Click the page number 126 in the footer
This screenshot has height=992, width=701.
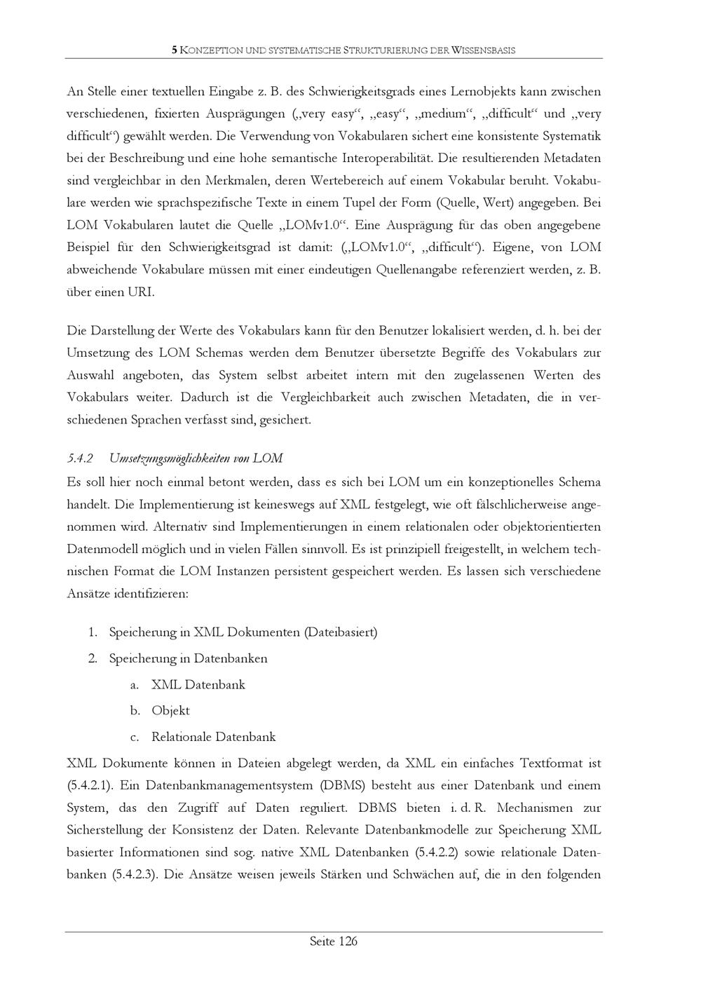[x=348, y=942]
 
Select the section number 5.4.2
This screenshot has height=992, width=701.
[x=80, y=458]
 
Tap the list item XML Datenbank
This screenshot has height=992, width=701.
[x=198, y=685]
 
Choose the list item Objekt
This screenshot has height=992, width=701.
[x=170, y=711]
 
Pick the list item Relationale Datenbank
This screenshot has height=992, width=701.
[x=213, y=737]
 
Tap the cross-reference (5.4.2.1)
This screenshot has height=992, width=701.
[x=89, y=786]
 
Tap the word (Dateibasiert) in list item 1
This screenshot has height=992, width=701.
[x=341, y=632]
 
